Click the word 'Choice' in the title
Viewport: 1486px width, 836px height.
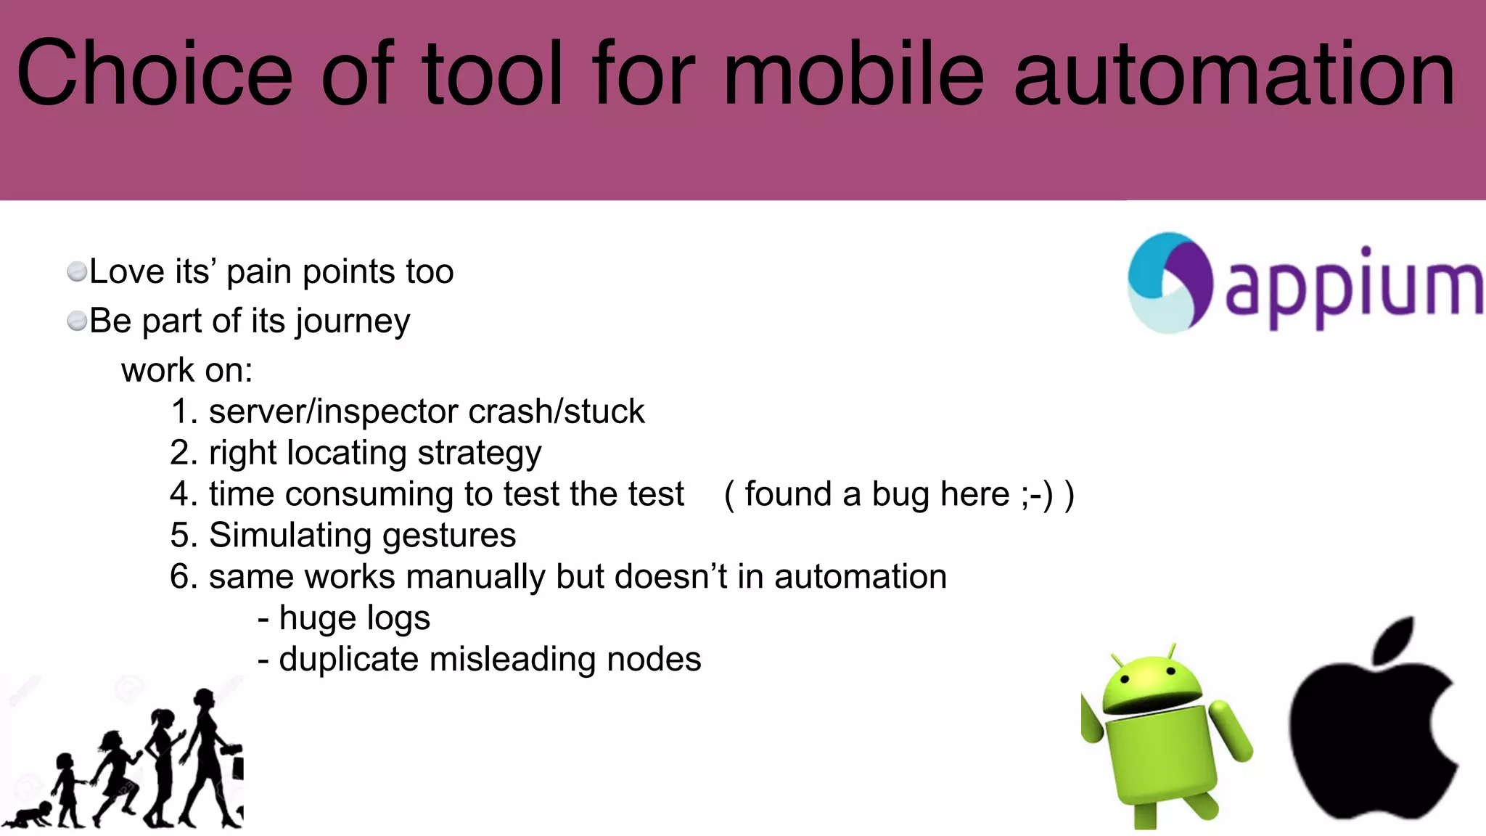coord(154,74)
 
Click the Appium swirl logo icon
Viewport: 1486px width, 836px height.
coord(1169,282)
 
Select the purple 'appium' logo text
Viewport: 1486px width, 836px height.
coord(1353,287)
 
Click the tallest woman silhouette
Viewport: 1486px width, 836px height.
coord(210,755)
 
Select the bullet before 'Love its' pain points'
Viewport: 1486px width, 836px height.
coord(76,272)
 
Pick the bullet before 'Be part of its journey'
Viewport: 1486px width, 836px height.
coord(76,321)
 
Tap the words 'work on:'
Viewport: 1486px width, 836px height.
coord(186,370)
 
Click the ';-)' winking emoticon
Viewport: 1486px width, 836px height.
coord(1037,495)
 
